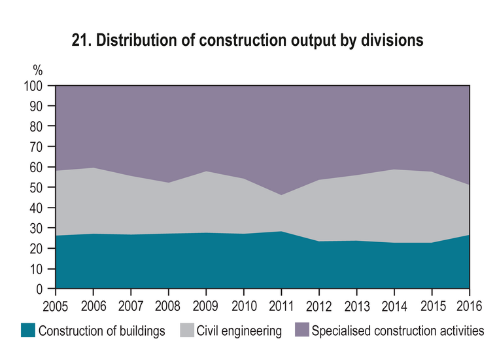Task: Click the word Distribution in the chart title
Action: [137, 41]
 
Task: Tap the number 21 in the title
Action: [80, 41]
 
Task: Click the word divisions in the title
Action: [392, 41]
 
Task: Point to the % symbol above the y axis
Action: [38, 70]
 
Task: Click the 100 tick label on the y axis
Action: [33, 86]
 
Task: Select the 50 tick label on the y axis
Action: [36, 187]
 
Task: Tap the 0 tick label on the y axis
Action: [39, 289]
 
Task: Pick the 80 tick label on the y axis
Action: [36, 126]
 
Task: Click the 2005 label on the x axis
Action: [56, 306]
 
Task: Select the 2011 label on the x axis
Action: [281, 306]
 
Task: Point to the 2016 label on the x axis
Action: [469, 306]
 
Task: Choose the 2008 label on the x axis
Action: [168, 306]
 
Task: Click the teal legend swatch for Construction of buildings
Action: [28, 330]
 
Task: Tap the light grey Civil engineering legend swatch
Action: [187, 330]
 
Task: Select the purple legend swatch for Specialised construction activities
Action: [302, 330]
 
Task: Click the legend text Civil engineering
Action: [239, 331]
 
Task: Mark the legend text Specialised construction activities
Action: [398, 331]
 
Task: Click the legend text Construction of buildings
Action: [102, 331]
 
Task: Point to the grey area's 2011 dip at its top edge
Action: [281, 195]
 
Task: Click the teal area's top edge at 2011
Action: [281, 231]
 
